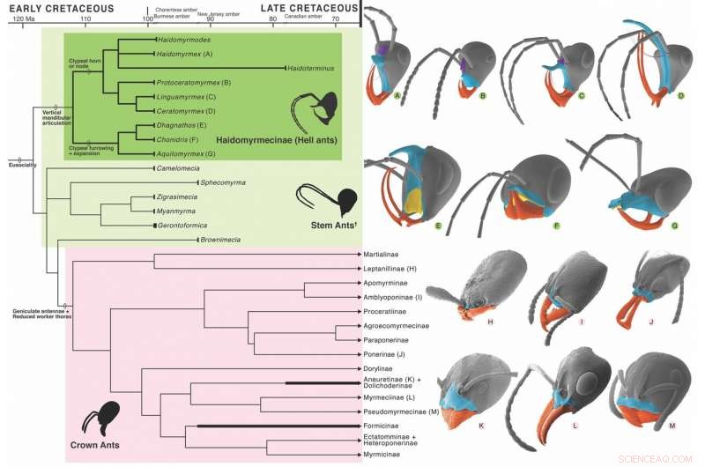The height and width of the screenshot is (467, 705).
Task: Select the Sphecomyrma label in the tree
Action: pyautogui.click(x=222, y=182)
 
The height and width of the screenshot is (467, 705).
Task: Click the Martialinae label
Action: pyautogui.click(x=384, y=255)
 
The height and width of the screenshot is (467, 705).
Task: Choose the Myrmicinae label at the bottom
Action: pyautogui.click(x=383, y=455)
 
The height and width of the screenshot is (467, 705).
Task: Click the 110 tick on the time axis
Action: pyautogui.click(x=85, y=19)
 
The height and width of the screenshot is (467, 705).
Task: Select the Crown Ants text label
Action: pyautogui.click(x=95, y=446)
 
